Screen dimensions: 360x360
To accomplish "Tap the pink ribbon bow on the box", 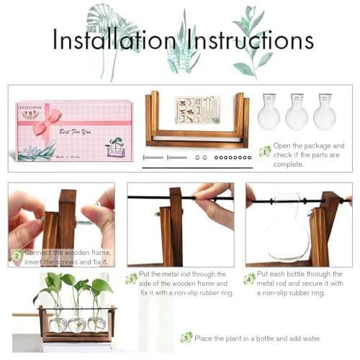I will tap(47, 125).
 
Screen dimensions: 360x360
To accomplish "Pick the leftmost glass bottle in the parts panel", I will tap(269, 112).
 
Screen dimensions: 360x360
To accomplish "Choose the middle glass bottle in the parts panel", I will tap(297, 112).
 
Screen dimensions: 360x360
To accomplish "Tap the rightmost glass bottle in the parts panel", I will tap(324, 112).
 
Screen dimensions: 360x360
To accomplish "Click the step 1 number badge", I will tap(265, 150).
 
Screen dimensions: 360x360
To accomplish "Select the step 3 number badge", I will tap(131, 279).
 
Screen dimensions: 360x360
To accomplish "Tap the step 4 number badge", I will tap(250, 279).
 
